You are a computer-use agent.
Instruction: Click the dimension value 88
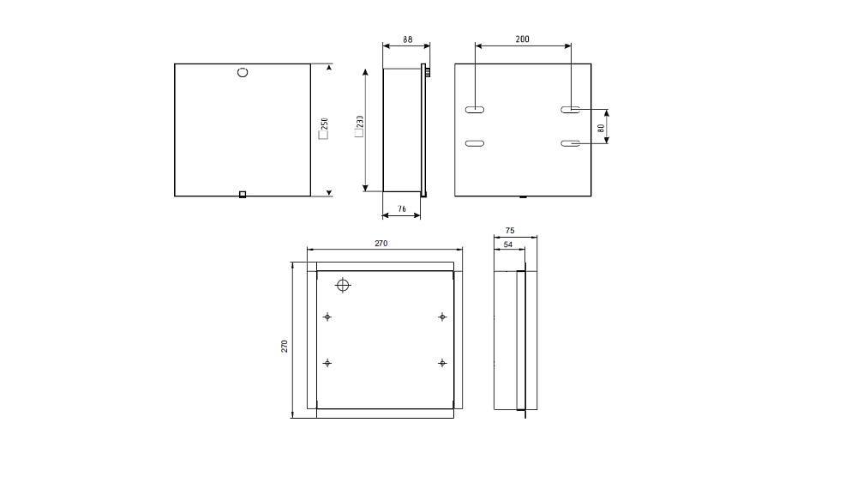pos(408,39)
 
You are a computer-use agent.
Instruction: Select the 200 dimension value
pos(522,39)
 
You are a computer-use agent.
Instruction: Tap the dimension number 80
pos(602,128)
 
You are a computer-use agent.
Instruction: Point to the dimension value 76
pos(402,209)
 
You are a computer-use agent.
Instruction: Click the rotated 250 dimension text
pos(324,124)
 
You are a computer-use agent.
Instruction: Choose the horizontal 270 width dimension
pos(381,244)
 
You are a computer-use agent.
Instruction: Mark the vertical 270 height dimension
pos(285,347)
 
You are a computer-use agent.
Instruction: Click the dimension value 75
pos(510,230)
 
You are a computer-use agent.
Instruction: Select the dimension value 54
pos(507,245)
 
